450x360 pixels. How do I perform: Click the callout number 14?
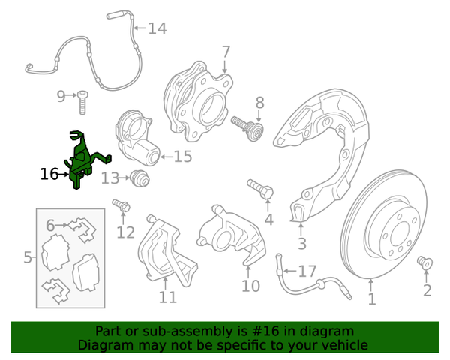pyautogui.click(x=157, y=29)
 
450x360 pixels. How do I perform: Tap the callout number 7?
pyautogui.click(x=226, y=52)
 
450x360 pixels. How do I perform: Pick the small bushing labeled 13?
pyautogui.click(x=138, y=179)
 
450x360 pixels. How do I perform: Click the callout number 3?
pyautogui.click(x=301, y=244)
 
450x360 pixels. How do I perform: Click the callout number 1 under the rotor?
pyautogui.click(x=371, y=300)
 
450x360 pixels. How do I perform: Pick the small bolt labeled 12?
pyautogui.click(x=119, y=205)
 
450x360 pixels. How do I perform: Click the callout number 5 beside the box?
pyautogui.click(x=28, y=258)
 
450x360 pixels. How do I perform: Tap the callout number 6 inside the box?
pyautogui.click(x=50, y=225)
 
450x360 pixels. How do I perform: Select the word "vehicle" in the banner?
pyautogui.click(x=342, y=345)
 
